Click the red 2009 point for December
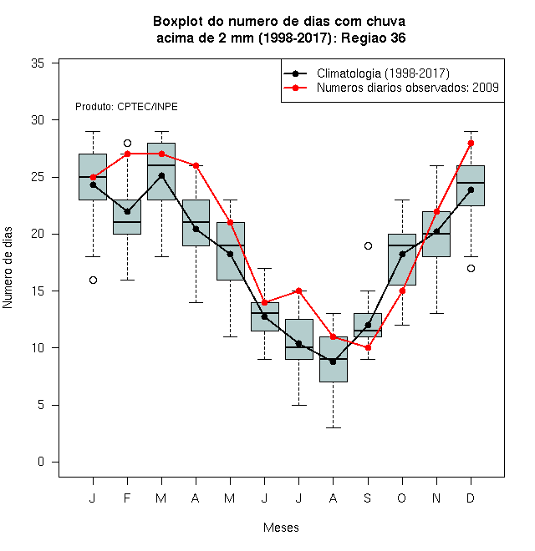point(471,143)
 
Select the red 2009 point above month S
point(368,348)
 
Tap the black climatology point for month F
point(127,211)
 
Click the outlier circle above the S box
point(368,246)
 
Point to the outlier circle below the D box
point(471,269)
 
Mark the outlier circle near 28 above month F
point(127,143)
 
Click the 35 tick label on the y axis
point(38,63)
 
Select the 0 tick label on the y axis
point(41,462)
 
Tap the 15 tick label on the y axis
point(38,291)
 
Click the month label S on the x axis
point(368,498)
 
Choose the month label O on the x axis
point(401,498)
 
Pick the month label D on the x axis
point(471,498)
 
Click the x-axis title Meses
point(281,528)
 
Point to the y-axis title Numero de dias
point(8,268)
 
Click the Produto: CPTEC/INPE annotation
point(126,107)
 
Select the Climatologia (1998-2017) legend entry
point(367,73)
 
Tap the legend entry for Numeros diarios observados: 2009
point(391,88)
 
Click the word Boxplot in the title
point(178,22)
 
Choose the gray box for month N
point(436,234)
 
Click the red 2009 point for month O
point(402,291)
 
